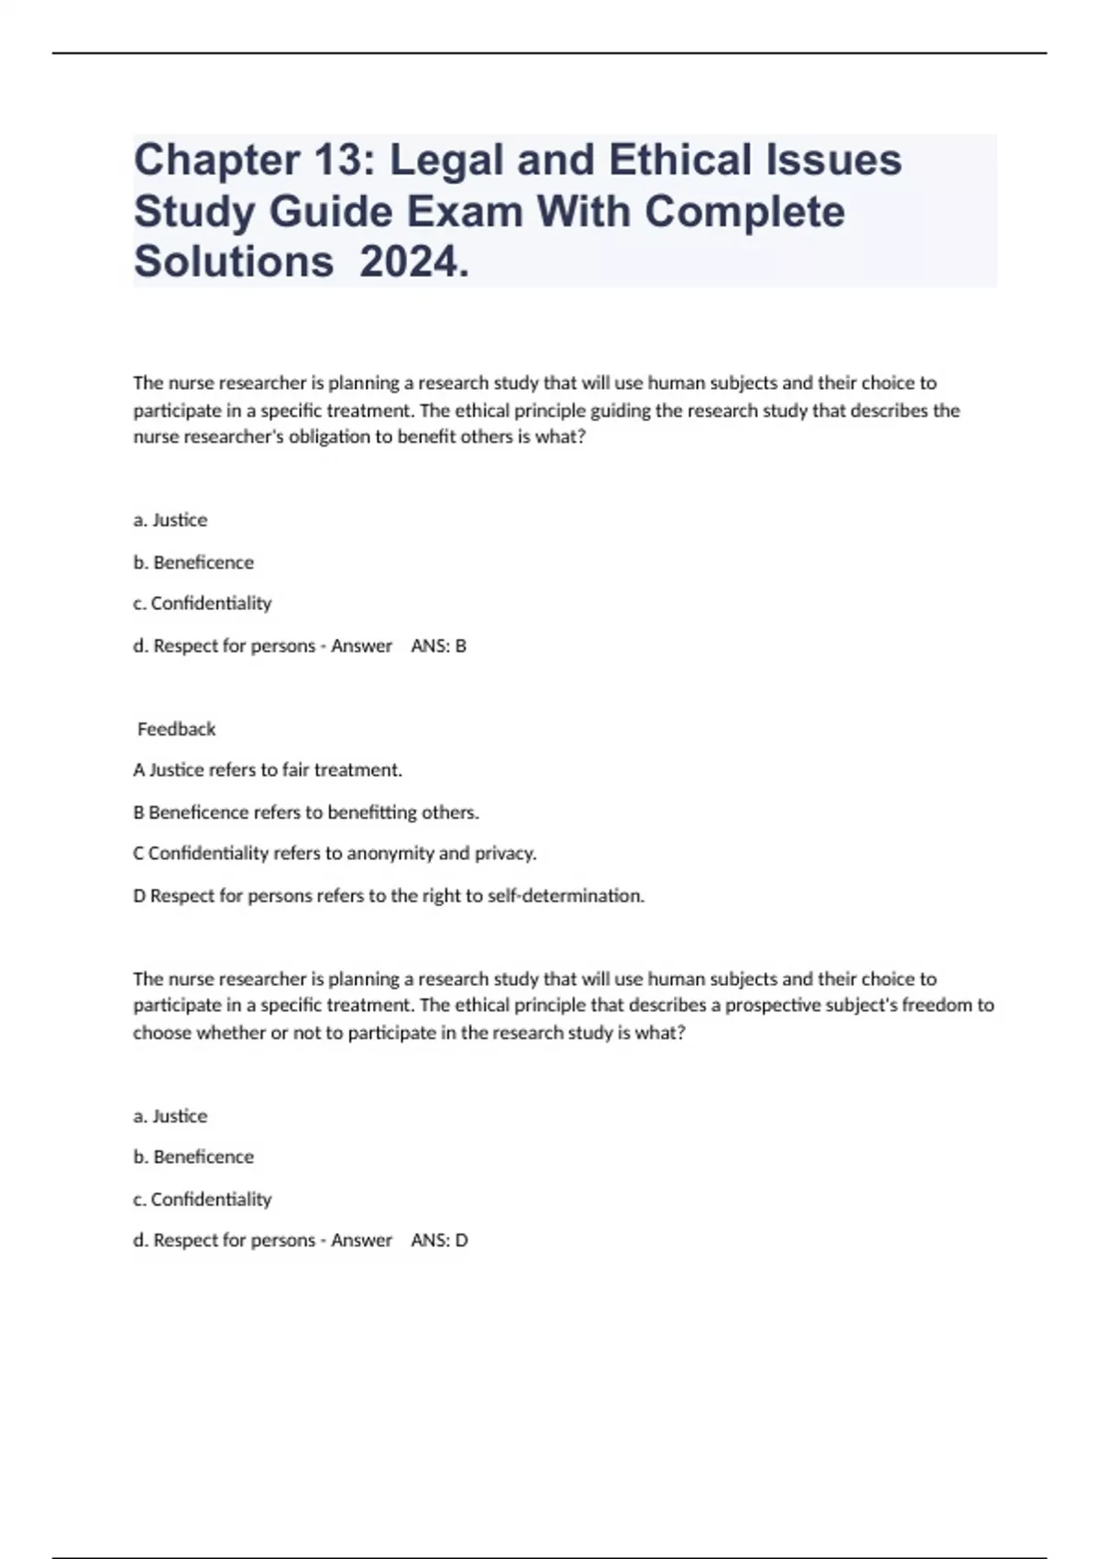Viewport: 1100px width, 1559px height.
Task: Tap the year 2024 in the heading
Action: [413, 262]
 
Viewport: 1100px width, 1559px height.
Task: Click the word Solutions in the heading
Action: [234, 262]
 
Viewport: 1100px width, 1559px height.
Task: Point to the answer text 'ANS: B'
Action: [438, 646]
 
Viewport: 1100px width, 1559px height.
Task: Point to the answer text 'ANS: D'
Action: [439, 1240]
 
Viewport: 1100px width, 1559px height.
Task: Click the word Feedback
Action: [176, 729]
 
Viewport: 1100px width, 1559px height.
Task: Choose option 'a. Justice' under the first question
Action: [170, 520]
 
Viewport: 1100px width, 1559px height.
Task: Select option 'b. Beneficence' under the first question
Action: [193, 562]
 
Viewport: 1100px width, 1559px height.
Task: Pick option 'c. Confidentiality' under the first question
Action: [202, 603]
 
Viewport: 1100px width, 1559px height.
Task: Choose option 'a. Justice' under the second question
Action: [170, 1116]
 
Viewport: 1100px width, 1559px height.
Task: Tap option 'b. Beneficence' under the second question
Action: [193, 1156]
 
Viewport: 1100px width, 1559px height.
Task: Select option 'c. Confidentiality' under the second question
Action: [202, 1199]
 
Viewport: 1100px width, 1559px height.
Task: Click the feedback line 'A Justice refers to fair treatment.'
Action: [268, 769]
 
